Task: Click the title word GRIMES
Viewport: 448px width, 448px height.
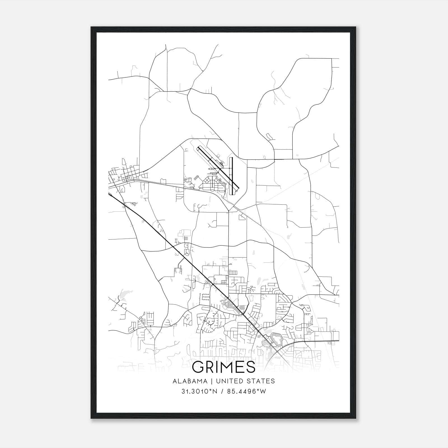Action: [x=224, y=367]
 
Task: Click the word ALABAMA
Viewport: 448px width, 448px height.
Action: [x=190, y=381]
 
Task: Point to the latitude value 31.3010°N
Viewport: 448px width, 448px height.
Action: [x=199, y=391]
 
